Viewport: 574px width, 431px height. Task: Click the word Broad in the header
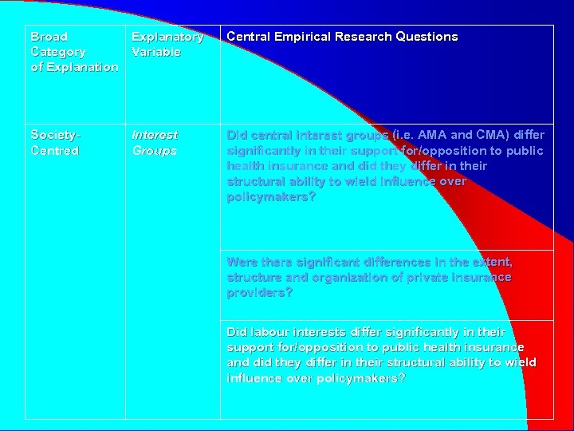coord(49,37)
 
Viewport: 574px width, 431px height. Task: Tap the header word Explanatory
coord(167,37)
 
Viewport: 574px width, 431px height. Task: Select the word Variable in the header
coord(156,52)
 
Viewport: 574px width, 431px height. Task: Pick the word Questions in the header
coord(431,37)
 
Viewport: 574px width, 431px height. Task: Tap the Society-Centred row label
coord(56,143)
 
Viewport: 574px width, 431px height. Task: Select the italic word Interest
coord(155,135)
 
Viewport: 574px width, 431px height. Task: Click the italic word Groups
coord(154,151)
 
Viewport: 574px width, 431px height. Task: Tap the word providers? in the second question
coord(260,293)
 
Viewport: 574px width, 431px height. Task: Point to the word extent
coord(492,262)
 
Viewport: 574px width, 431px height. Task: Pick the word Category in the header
coord(57,52)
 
